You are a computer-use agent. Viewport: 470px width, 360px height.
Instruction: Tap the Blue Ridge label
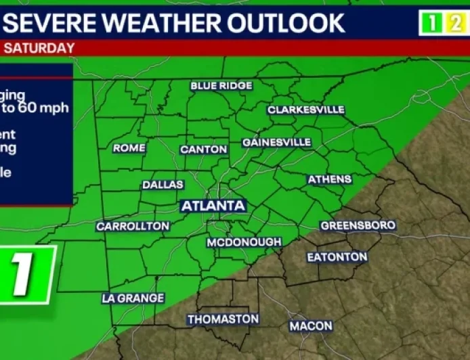(221, 86)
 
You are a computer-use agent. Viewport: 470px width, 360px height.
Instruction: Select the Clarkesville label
(306, 110)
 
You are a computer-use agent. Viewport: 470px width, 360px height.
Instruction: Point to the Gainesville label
(277, 143)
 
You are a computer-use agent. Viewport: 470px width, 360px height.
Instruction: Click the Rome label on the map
(129, 148)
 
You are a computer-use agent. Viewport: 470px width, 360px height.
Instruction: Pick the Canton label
(204, 150)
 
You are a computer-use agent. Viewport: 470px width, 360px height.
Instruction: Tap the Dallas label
(163, 185)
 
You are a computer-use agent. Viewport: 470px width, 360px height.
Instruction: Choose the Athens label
(330, 179)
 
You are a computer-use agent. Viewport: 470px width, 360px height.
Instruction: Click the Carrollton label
(133, 226)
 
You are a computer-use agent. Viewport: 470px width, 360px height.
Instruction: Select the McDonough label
(244, 242)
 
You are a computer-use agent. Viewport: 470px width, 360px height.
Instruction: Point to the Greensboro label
(358, 225)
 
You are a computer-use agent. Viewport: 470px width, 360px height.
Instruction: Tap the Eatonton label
(337, 257)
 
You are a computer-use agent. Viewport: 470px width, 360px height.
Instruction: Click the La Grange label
(133, 298)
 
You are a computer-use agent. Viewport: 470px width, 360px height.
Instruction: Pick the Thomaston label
(223, 319)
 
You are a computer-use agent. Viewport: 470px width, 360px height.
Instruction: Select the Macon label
(311, 326)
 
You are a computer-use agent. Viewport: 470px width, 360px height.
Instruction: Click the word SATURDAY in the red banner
(39, 49)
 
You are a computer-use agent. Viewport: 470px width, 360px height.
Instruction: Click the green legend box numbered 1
(431, 24)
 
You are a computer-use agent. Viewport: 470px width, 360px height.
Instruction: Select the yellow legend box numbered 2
(454, 24)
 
